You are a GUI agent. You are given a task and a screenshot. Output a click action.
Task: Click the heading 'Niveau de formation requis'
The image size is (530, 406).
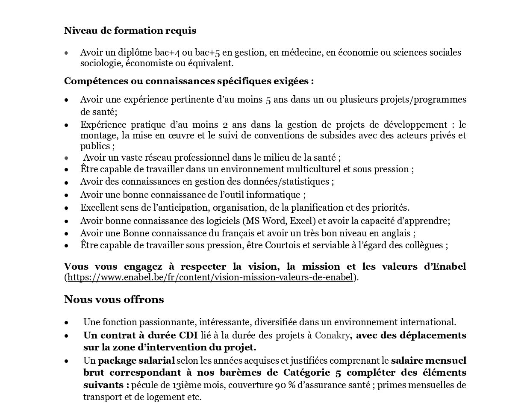point(130,31)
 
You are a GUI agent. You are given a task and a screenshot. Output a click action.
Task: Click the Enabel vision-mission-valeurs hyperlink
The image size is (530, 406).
point(210,277)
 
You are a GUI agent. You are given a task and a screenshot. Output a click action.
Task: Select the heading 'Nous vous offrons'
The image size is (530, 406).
point(114,300)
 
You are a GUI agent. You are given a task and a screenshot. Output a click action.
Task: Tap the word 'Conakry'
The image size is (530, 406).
point(332,335)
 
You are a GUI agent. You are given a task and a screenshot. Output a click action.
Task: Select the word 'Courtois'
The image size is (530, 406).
point(283,245)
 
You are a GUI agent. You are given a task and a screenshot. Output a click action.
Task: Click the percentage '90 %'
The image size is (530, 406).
point(286,385)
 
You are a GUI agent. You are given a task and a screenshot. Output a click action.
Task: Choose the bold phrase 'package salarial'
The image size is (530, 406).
point(136,361)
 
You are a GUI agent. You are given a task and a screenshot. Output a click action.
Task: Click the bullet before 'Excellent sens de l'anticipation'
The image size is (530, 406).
point(67,208)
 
